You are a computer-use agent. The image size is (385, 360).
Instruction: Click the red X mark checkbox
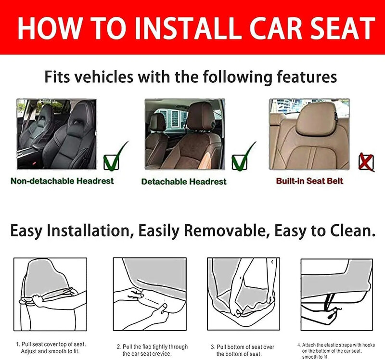366,162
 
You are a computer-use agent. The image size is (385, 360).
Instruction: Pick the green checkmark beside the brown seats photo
244,157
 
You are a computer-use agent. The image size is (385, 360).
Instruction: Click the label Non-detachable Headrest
62,181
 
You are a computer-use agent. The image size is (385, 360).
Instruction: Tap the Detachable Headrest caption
184,181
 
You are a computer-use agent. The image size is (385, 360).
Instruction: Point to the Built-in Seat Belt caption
309,181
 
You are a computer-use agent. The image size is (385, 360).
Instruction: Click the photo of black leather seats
56,134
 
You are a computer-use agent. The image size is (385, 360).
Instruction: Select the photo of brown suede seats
185,134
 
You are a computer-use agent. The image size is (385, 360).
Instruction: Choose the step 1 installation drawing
51,294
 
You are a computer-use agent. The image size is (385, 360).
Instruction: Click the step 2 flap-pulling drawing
150,294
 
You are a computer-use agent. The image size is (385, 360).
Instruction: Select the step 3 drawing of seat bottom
244,294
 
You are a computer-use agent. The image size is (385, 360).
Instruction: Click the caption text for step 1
51,347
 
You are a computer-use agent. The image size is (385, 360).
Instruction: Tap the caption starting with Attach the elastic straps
336,351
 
